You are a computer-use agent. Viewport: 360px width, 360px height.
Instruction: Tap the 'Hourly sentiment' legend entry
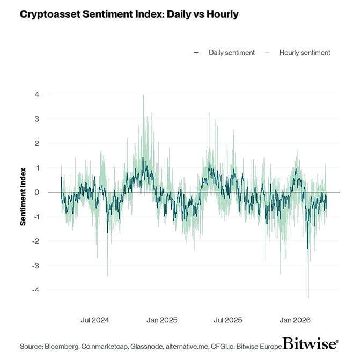pyautogui.click(x=304, y=53)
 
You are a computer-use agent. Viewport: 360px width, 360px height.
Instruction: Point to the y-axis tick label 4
pyautogui.click(x=37, y=94)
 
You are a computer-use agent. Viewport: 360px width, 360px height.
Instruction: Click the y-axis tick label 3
pyautogui.click(x=37, y=119)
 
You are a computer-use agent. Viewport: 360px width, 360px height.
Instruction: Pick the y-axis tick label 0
pyautogui.click(x=37, y=192)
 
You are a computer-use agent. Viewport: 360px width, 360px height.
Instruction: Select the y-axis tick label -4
pyautogui.click(x=35, y=290)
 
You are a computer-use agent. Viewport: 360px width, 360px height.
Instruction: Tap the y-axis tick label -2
pyautogui.click(x=35, y=241)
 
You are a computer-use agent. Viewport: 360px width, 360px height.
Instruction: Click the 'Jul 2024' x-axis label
pyautogui.click(x=94, y=320)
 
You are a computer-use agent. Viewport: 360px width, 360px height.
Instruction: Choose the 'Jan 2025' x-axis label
pyautogui.click(x=161, y=320)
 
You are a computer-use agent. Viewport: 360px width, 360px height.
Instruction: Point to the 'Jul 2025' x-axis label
pyautogui.click(x=228, y=320)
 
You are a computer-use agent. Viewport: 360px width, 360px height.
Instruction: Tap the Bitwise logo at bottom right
pyautogui.click(x=310, y=343)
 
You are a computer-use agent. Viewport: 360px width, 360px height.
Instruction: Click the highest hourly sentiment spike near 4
pyautogui.click(x=143, y=96)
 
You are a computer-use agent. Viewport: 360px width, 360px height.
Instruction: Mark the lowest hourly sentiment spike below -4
pyautogui.click(x=308, y=297)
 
